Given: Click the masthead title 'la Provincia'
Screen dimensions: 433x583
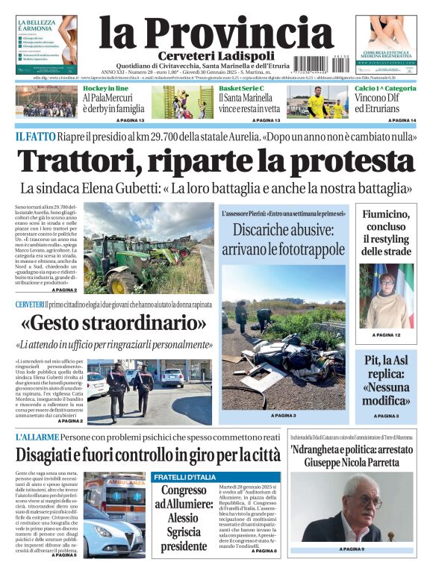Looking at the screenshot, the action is tap(216, 33).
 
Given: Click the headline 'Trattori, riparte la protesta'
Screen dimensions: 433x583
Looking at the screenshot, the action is tap(216, 161).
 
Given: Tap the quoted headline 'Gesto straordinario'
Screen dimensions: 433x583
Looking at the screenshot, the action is tap(114, 323).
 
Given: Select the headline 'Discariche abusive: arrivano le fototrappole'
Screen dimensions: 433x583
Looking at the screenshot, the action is tap(284, 237).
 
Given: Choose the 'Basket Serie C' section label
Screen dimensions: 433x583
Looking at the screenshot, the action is tap(240, 89).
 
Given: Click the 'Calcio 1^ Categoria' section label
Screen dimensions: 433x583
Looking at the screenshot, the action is tap(385, 89).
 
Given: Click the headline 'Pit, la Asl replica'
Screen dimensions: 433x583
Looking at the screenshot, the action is tap(386, 381).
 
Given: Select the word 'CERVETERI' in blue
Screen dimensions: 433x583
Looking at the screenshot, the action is tap(31, 305).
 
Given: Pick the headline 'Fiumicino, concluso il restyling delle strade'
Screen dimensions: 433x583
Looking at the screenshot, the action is tap(386, 233).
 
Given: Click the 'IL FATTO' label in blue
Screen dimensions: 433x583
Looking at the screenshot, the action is tap(35, 137).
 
